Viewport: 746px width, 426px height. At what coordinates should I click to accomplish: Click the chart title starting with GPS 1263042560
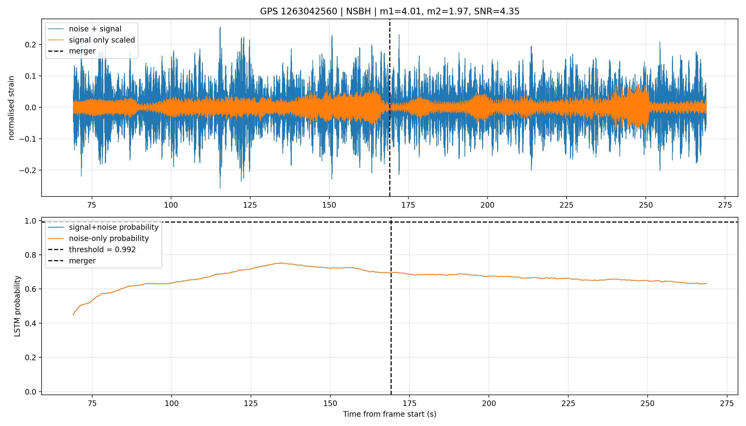(390, 11)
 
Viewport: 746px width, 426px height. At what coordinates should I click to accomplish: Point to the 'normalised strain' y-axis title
(11, 108)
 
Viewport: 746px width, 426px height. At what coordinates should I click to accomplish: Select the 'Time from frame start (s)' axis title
(390, 414)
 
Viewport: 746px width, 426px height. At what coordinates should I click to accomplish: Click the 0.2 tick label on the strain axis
(30, 45)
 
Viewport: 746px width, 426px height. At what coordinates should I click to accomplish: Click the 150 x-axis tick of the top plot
(329, 205)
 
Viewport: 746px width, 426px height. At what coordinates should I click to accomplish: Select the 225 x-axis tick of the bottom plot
(568, 403)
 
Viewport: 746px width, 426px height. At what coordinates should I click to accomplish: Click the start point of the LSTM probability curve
(73, 315)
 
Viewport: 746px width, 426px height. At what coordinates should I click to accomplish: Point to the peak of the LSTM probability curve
(281, 263)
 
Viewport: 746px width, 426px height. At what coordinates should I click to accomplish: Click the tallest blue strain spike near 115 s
(220, 27)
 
